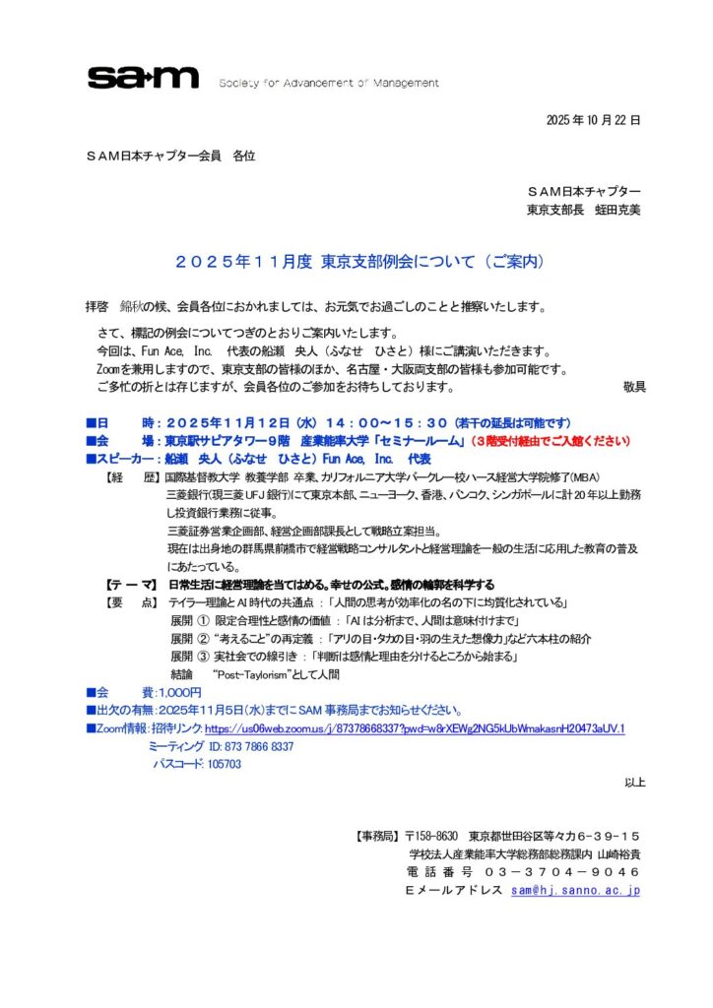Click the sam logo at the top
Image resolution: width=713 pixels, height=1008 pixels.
point(143,78)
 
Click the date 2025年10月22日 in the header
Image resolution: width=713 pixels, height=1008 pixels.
point(593,120)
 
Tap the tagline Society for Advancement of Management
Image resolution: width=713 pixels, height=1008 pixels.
point(329,83)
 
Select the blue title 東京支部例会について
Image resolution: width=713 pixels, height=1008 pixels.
point(358,262)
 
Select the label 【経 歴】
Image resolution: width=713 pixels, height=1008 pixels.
point(132,477)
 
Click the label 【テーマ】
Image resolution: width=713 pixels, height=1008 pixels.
point(132,585)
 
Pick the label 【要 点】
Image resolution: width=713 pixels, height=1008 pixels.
point(132,602)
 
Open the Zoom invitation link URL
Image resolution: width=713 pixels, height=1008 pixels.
point(415,728)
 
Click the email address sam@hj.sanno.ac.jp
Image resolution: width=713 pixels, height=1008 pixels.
point(576,890)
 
